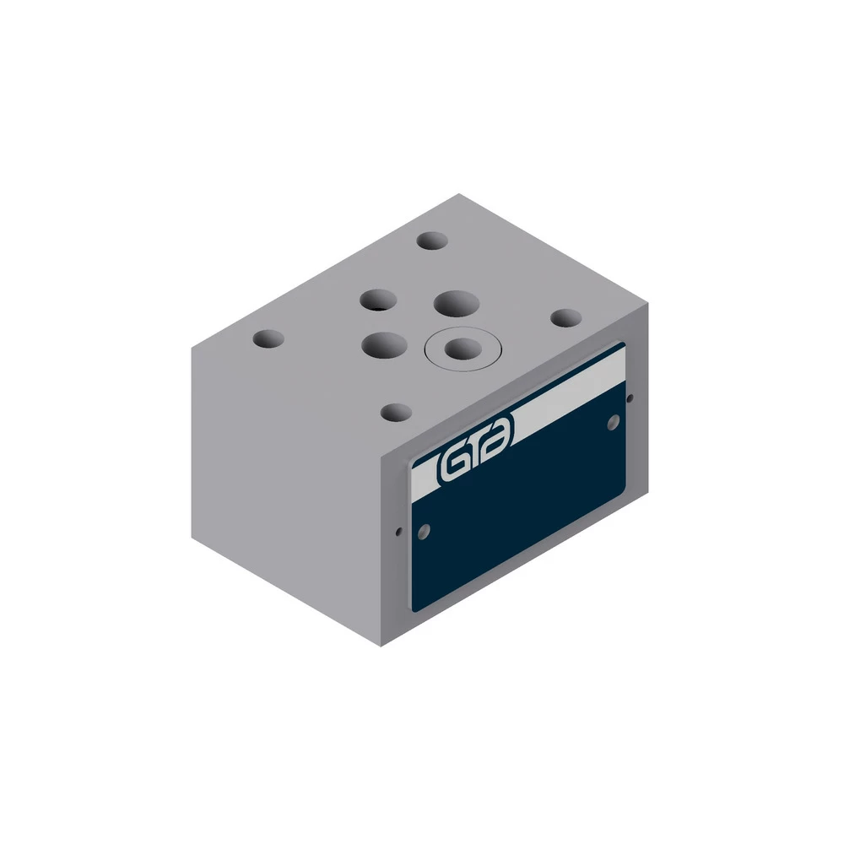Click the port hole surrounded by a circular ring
pyautogui.click(x=463, y=349)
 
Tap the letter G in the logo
pyautogui.click(x=452, y=464)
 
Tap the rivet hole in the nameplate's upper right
pyautogui.click(x=613, y=422)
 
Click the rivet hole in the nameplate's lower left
pyautogui.click(x=424, y=531)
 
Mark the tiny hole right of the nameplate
pyautogui.click(x=630, y=398)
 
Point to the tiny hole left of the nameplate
pyautogui.click(x=399, y=533)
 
